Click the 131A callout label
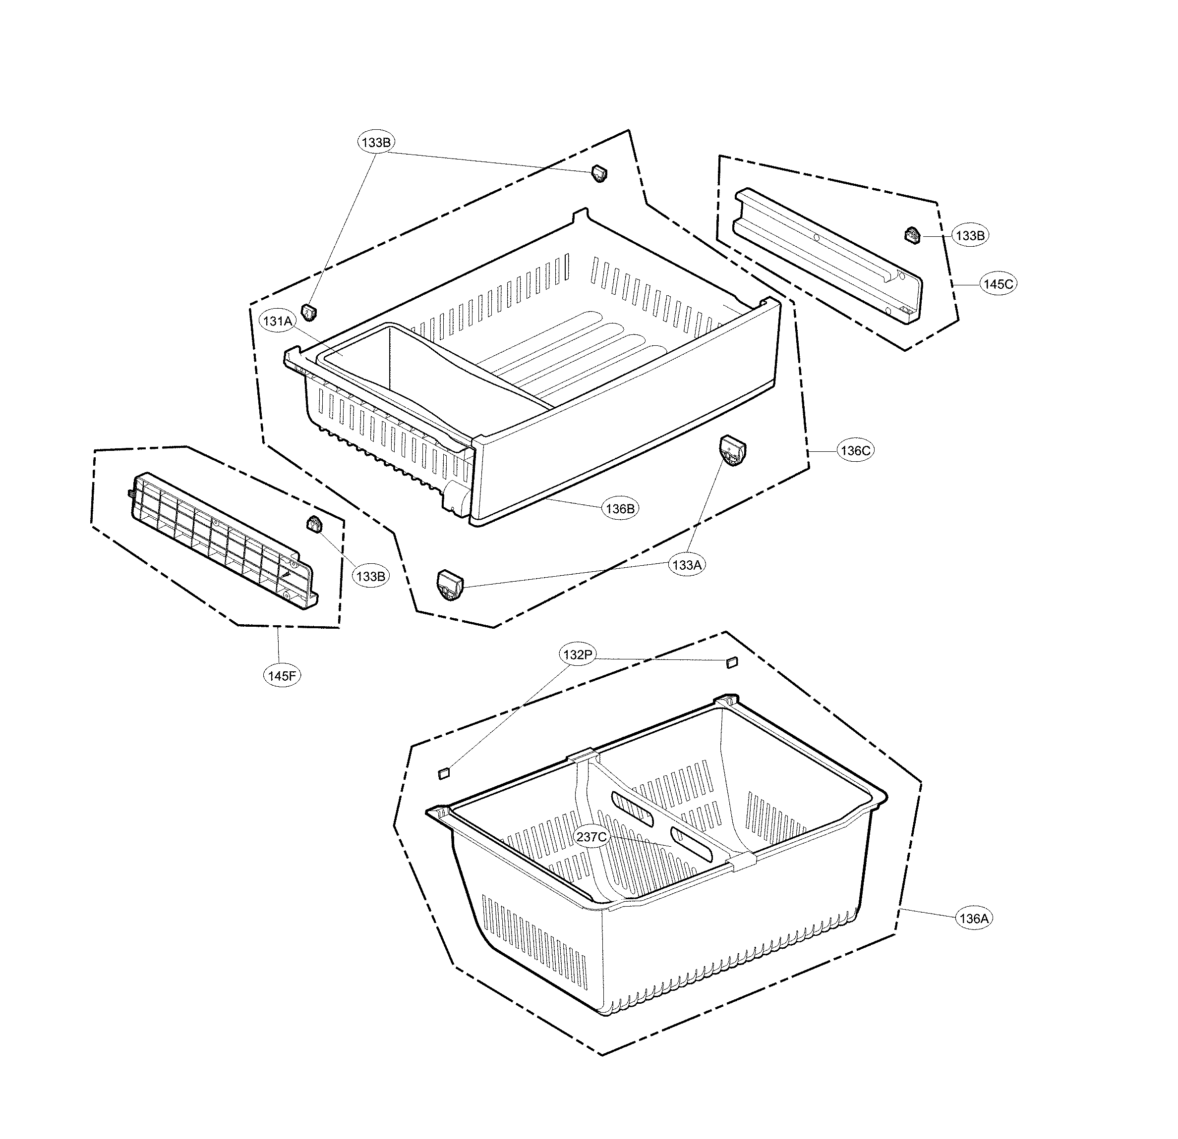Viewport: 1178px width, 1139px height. pyautogui.click(x=278, y=322)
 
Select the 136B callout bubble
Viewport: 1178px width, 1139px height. pyautogui.click(x=620, y=509)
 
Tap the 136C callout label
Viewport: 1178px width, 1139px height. pyautogui.click(x=855, y=450)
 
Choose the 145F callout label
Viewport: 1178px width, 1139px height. pyautogui.click(x=283, y=675)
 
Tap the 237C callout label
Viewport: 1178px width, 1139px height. pyautogui.click(x=592, y=836)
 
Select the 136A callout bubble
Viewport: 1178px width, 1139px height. pyautogui.click(x=974, y=918)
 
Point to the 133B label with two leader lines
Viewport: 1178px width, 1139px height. pyautogui.click(x=376, y=142)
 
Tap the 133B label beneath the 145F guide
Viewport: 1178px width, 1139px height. pyautogui.click(x=370, y=576)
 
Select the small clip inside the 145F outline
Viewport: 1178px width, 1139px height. pyautogui.click(x=314, y=524)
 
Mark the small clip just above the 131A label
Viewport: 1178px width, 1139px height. pyautogui.click(x=309, y=312)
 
